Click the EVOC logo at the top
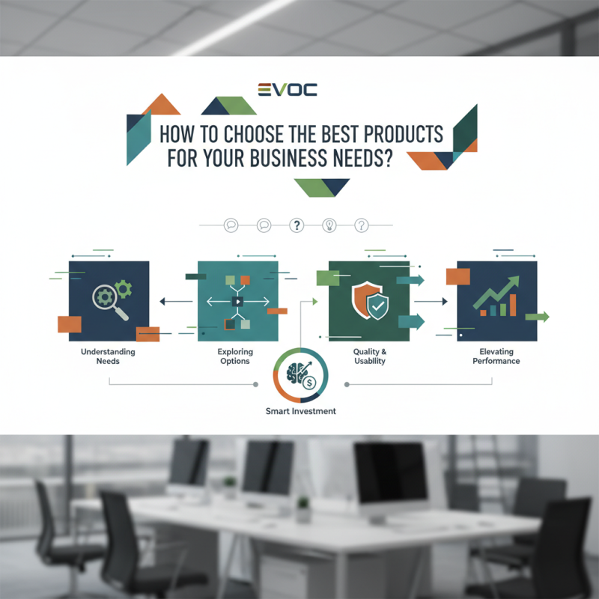pyautogui.click(x=287, y=90)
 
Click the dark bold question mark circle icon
pyautogui.click(x=296, y=225)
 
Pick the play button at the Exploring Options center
pyautogui.click(x=237, y=302)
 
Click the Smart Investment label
pyautogui.click(x=301, y=411)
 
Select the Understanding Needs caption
pyautogui.click(x=109, y=356)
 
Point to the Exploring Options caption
pyautogui.click(x=236, y=356)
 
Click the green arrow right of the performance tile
pyautogui.click(x=538, y=317)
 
